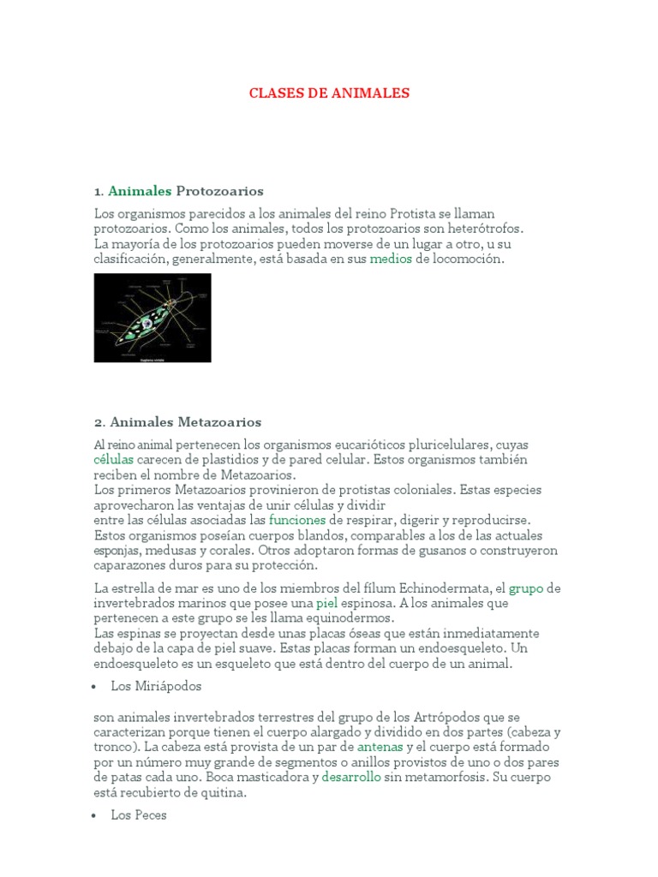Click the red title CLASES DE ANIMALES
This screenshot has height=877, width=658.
pyautogui.click(x=329, y=92)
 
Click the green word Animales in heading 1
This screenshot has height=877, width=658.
pyautogui.click(x=140, y=190)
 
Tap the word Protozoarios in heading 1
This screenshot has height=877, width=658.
pyautogui.click(x=219, y=190)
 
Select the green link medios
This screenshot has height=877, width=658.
pyautogui.click(x=391, y=259)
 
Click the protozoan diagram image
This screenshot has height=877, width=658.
pyautogui.click(x=153, y=318)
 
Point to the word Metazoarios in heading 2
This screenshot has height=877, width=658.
pyautogui.click(x=220, y=421)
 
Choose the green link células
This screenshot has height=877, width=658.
pyautogui.click(x=114, y=460)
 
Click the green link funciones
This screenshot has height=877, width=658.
pyautogui.click(x=297, y=520)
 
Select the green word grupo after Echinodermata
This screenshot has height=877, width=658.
pyautogui.click(x=526, y=588)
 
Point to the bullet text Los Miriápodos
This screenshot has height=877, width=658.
pyautogui.click(x=156, y=686)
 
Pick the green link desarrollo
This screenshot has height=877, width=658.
pyautogui.click(x=351, y=778)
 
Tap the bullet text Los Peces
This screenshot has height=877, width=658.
pyautogui.click(x=139, y=815)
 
